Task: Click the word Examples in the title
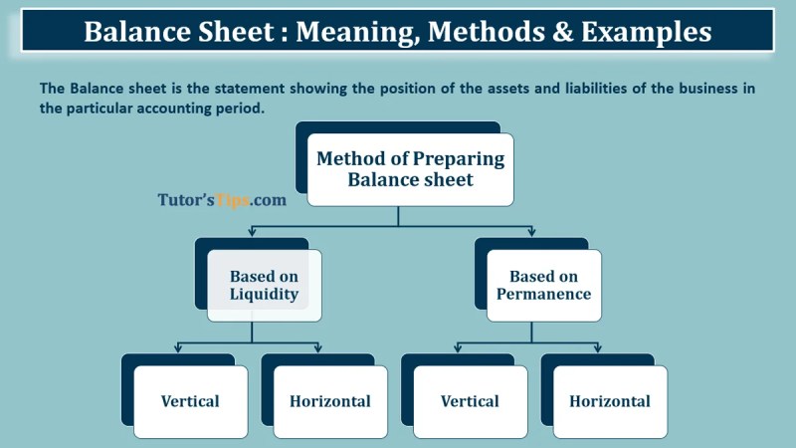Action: [x=646, y=32]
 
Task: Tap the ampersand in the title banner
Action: [x=562, y=32]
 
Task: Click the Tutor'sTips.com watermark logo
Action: [x=222, y=200]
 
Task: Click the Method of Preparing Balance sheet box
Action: [x=410, y=169]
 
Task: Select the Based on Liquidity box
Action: [x=264, y=286]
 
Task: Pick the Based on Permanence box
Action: [x=543, y=286]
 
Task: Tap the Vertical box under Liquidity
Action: [x=190, y=402]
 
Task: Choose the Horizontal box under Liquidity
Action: [x=330, y=402]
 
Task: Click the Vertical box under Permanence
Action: [x=470, y=402]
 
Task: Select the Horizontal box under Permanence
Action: [x=610, y=402]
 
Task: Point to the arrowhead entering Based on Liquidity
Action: [x=252, y=232]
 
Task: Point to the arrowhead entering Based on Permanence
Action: [x=531, y=232]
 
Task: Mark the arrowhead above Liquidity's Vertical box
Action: [x=178, y=348]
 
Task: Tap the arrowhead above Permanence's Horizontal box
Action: [x=598, y=348]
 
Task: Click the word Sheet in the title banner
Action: [x=235, y=32]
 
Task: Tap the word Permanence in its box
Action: [x=543, y=294]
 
